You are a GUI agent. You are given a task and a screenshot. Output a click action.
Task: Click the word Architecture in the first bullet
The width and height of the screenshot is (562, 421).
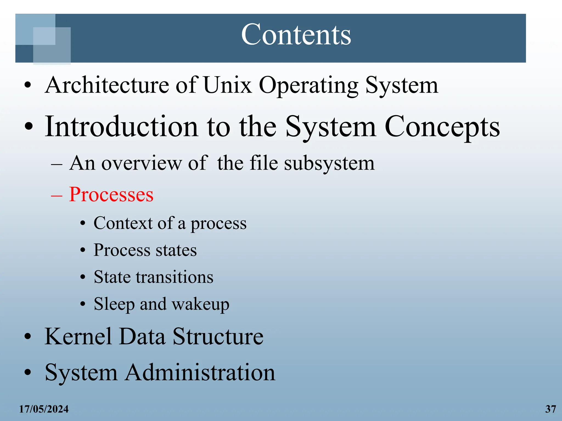[107, 85]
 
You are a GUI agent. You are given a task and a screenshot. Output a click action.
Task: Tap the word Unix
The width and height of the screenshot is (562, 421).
[227, 85]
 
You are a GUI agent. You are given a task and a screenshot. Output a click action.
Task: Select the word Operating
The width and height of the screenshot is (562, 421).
[308, 86]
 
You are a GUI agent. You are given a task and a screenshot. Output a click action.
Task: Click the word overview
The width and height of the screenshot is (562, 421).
[141, 163]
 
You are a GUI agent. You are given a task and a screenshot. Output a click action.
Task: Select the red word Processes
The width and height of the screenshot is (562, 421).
[111, 194]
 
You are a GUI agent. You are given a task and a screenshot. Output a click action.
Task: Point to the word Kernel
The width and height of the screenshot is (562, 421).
[78, 336]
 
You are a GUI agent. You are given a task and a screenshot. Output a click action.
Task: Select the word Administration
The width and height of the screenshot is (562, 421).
[200, 372]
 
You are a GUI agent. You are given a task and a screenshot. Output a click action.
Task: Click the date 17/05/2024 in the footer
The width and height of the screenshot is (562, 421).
[44, 409]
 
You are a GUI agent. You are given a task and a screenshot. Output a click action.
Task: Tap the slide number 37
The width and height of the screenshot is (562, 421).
[550, 409]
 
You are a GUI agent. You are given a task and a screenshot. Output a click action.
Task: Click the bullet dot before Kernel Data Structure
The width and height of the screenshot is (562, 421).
[28, 337]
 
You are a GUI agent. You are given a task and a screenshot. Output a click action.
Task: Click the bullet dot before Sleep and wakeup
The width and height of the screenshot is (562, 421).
[83, 304]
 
